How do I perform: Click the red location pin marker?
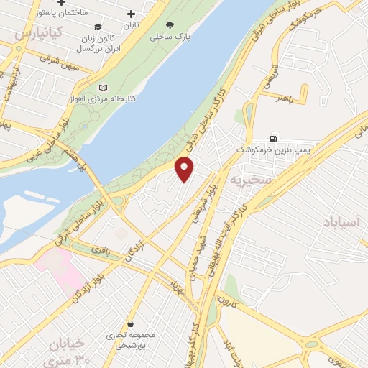coord(185,169)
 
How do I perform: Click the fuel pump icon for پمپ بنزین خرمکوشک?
coord(274,138)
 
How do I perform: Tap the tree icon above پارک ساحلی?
coord(170,24)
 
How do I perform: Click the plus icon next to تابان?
coord(131,14)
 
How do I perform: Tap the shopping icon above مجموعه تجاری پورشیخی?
coord(130,325)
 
